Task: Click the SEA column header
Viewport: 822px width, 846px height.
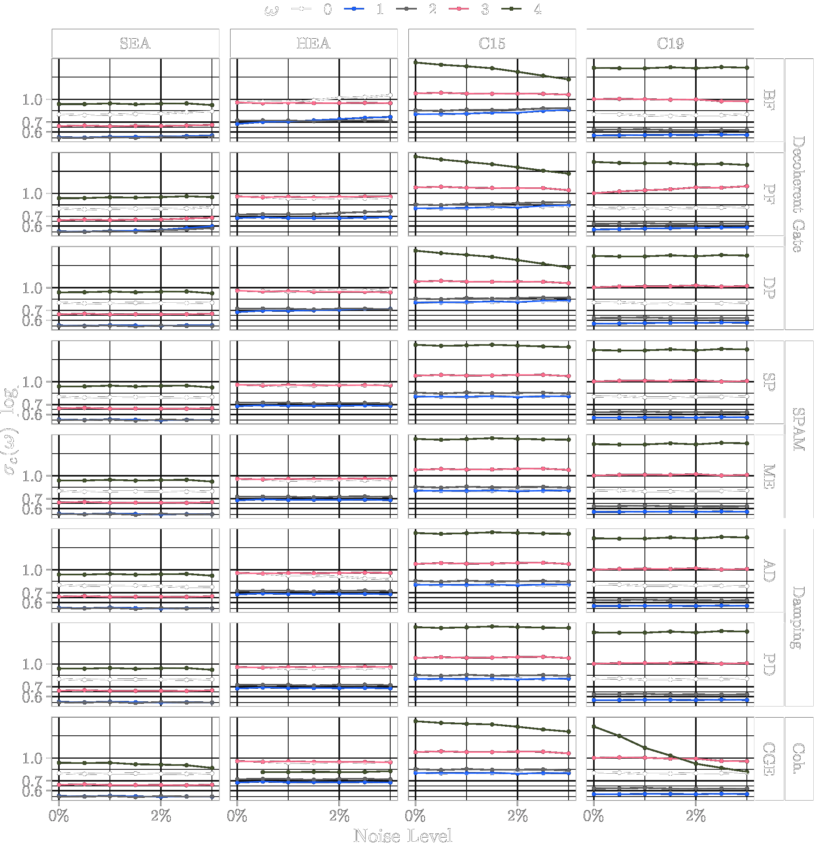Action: [x=135, y=43]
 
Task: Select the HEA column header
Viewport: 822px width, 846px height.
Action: [x=313, y=43]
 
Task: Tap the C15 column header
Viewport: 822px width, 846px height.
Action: [x=491, y=43]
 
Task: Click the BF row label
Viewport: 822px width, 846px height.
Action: [x=769, y=100]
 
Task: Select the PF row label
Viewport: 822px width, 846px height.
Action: [x=769, y=194]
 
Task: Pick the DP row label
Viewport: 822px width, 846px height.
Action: [x=769, y=288]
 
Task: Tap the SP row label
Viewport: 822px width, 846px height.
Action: [x=769, y=382]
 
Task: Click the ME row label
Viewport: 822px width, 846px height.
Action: [x=769, y=476]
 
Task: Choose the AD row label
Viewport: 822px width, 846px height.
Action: [x=769, y=570]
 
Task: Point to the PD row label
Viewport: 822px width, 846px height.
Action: [x=769, y=664]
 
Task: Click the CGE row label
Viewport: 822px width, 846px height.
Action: [x=769, y=758]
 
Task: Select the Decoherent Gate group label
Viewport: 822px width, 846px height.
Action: [x=799, y=194]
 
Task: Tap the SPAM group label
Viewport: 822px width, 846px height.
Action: [x=799, y=429]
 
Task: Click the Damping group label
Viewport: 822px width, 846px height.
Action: [x=799, y=617]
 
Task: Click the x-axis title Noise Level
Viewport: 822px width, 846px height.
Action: [x=402, y=836]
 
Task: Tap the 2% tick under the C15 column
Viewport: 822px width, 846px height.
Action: [x=518, y=816]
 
